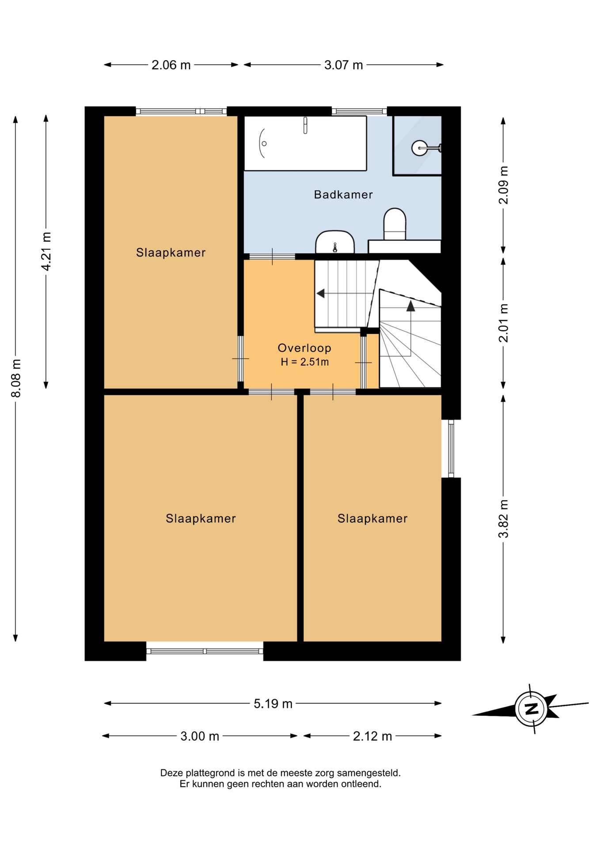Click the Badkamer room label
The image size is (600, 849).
(343, 195)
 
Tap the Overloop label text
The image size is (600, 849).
(304, 348)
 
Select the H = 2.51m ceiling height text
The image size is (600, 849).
(305, 362)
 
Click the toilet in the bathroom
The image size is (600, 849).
(395, 224)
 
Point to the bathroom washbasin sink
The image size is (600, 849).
(335, 242)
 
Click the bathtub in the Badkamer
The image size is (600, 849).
(305, 143)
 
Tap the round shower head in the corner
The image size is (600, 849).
(419, 148)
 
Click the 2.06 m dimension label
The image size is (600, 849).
(171, 65)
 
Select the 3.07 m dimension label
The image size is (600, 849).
(343, 65)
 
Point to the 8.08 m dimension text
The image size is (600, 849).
(16, 379)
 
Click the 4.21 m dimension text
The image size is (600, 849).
(46, 251)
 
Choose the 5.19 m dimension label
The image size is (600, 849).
(273, 704)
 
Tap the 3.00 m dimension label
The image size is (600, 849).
(200, 736)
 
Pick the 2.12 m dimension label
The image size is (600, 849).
(372, 736)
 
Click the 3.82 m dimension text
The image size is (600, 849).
(503, 519)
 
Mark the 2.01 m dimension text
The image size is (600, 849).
(503, 323)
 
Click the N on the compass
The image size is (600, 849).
(532, 709)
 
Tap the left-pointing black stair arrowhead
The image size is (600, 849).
(320, 293)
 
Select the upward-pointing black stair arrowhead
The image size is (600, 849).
(410, 306)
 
